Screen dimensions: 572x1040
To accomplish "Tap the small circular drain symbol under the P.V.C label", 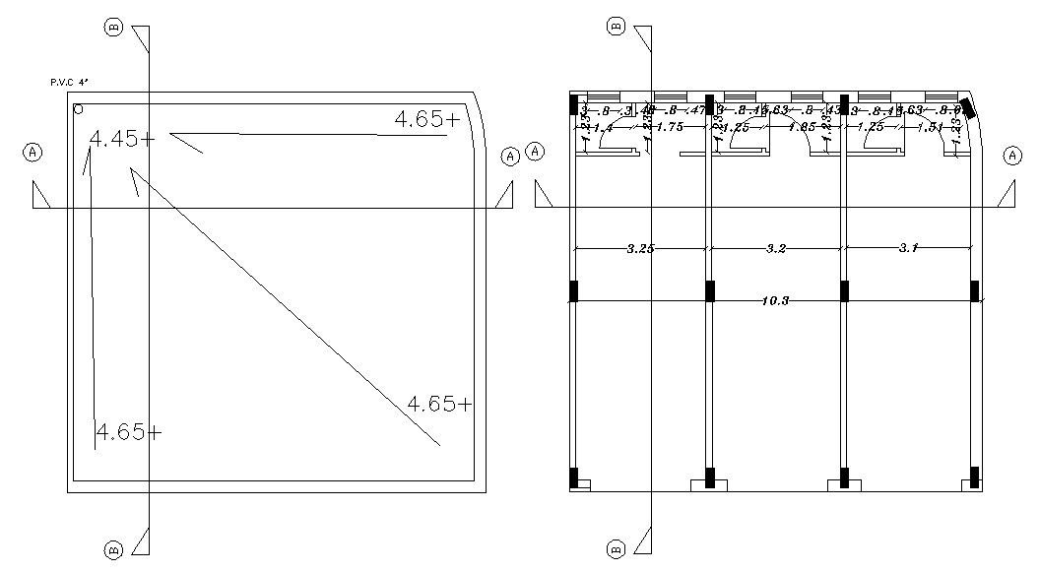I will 79,109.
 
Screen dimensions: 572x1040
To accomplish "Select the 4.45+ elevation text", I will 122,139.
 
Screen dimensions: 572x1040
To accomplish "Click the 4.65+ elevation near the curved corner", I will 427,118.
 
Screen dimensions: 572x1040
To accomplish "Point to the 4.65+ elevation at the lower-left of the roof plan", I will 129,431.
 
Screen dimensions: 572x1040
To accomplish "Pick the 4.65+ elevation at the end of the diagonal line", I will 439,404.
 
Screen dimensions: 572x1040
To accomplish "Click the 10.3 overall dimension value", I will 776,300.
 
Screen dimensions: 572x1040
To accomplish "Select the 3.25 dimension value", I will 640,249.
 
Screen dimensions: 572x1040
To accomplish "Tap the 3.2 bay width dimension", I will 776,249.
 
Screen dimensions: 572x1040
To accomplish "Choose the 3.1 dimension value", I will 907,249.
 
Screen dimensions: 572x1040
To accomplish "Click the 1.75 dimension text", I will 669,127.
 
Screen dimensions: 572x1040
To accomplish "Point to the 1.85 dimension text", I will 803,127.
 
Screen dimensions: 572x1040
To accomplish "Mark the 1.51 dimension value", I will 931,127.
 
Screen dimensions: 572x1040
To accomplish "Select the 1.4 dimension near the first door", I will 603,127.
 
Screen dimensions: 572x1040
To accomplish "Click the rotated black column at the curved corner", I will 969,106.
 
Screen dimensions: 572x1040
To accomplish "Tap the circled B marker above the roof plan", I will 113,28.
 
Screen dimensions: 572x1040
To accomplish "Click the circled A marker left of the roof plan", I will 33,153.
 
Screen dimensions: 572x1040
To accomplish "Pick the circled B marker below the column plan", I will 617,548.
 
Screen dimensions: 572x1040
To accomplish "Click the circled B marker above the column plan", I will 617,26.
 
